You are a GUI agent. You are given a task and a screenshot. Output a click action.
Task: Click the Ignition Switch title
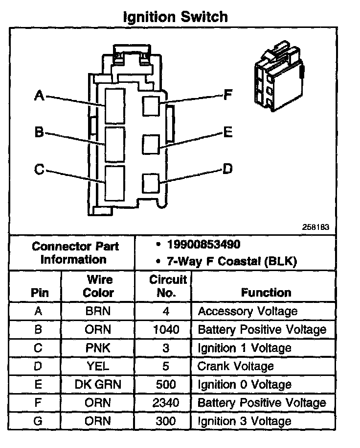[175, 17]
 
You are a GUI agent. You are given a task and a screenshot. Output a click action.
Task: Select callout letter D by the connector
[227, 169]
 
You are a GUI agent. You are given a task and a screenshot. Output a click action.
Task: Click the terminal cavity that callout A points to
[114, 105]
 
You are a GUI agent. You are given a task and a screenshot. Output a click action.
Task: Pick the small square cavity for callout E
[151, 144]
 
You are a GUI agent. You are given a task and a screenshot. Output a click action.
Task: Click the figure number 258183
[315, 227]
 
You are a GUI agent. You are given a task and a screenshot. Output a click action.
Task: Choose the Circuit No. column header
[168, 286]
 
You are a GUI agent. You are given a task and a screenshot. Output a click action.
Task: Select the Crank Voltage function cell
[235, 366]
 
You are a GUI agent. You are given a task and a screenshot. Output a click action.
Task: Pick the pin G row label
[39, 421]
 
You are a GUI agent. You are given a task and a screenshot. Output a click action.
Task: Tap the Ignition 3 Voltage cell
[245, 421]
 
